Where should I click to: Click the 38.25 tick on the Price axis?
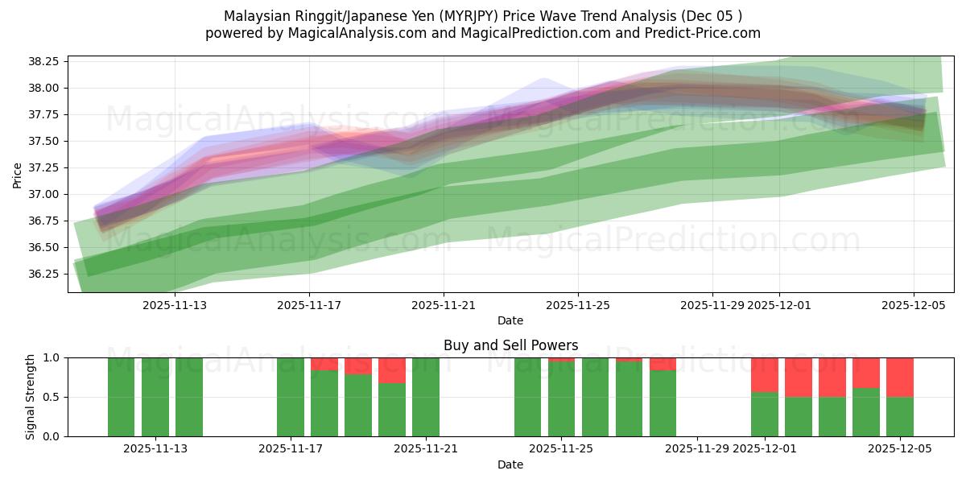[46, 61]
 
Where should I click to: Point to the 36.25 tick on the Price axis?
[46, 274]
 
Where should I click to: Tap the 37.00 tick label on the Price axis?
[46, 194]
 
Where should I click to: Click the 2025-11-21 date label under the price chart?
[444, 305]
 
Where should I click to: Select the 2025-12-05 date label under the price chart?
[913, 305]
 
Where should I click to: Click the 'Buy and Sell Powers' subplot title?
[510, 345]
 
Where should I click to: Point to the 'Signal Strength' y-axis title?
[30, 397]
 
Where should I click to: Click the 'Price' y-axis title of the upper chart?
[18, 174]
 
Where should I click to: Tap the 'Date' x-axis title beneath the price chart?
[510, 320]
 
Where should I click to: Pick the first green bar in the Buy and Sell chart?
[121, 397]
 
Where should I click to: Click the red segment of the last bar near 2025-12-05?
[899, 377]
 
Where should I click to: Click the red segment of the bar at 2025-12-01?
[764, 374]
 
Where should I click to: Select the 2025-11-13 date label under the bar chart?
[155, 448]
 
